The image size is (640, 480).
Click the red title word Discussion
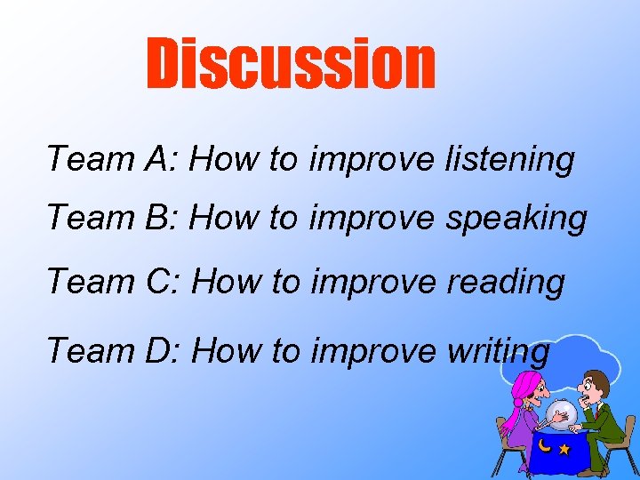(x=291, y=64)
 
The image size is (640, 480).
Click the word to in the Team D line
(x=284, y=351)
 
